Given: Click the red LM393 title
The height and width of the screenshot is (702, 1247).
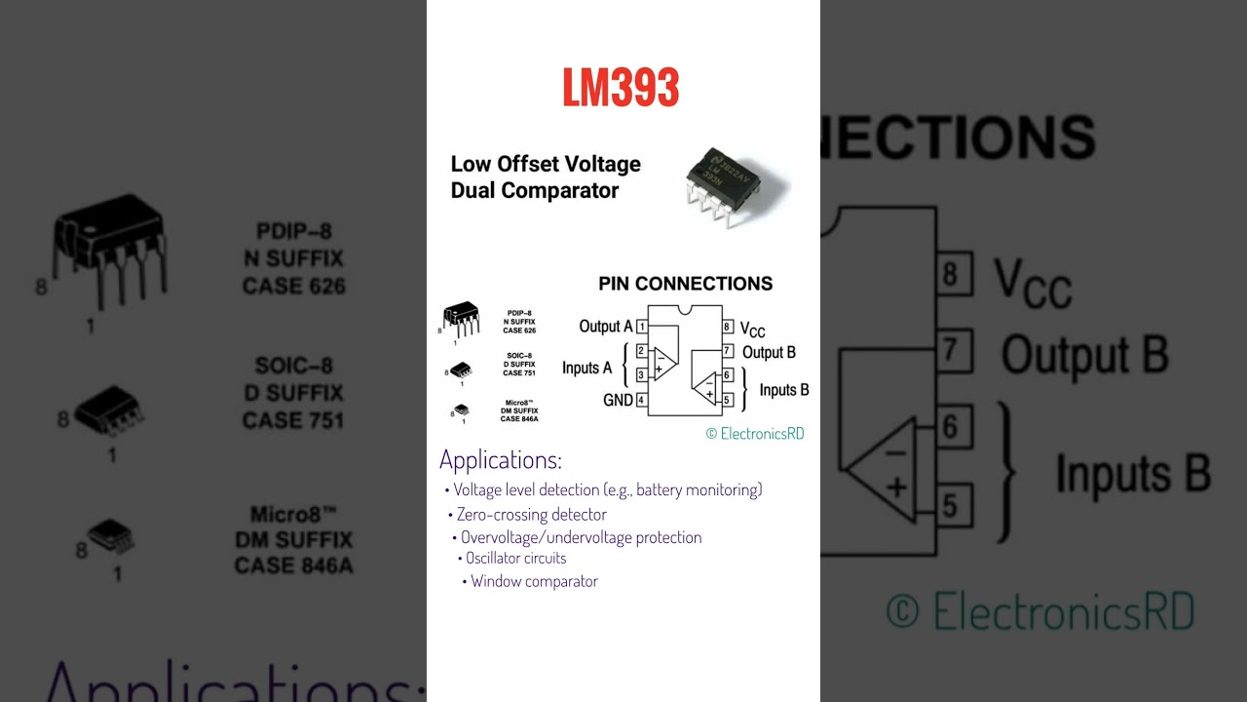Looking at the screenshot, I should point(621,89).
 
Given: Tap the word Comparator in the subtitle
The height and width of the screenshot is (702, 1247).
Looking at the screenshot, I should point(560,191).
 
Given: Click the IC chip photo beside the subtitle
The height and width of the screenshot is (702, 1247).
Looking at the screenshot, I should point(735,185).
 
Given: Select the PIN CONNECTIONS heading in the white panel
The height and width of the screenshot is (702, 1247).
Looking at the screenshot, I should point(685,284).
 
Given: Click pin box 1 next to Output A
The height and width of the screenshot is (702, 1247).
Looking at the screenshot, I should point(642,327).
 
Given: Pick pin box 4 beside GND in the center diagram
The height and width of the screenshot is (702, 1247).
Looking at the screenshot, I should point(641,400).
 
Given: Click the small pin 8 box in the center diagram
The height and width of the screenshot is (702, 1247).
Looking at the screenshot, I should point(727,327).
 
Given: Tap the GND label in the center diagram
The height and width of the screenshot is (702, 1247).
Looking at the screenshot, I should point(618,401).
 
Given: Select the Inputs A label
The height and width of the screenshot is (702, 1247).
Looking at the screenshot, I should point(586,369).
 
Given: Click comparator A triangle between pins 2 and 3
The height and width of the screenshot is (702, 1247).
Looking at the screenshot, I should point(663,363).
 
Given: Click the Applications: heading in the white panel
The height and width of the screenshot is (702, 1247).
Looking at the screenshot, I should point(500,460).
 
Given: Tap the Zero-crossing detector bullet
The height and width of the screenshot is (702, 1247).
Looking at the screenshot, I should point(531,515).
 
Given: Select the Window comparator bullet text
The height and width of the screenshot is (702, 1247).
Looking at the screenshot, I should point(534,582).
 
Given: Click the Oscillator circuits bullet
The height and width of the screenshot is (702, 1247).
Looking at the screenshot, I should point(515,559).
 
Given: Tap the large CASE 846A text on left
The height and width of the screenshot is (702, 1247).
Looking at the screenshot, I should point(293,566).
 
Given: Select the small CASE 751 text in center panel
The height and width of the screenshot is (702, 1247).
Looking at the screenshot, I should point(518,372).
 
